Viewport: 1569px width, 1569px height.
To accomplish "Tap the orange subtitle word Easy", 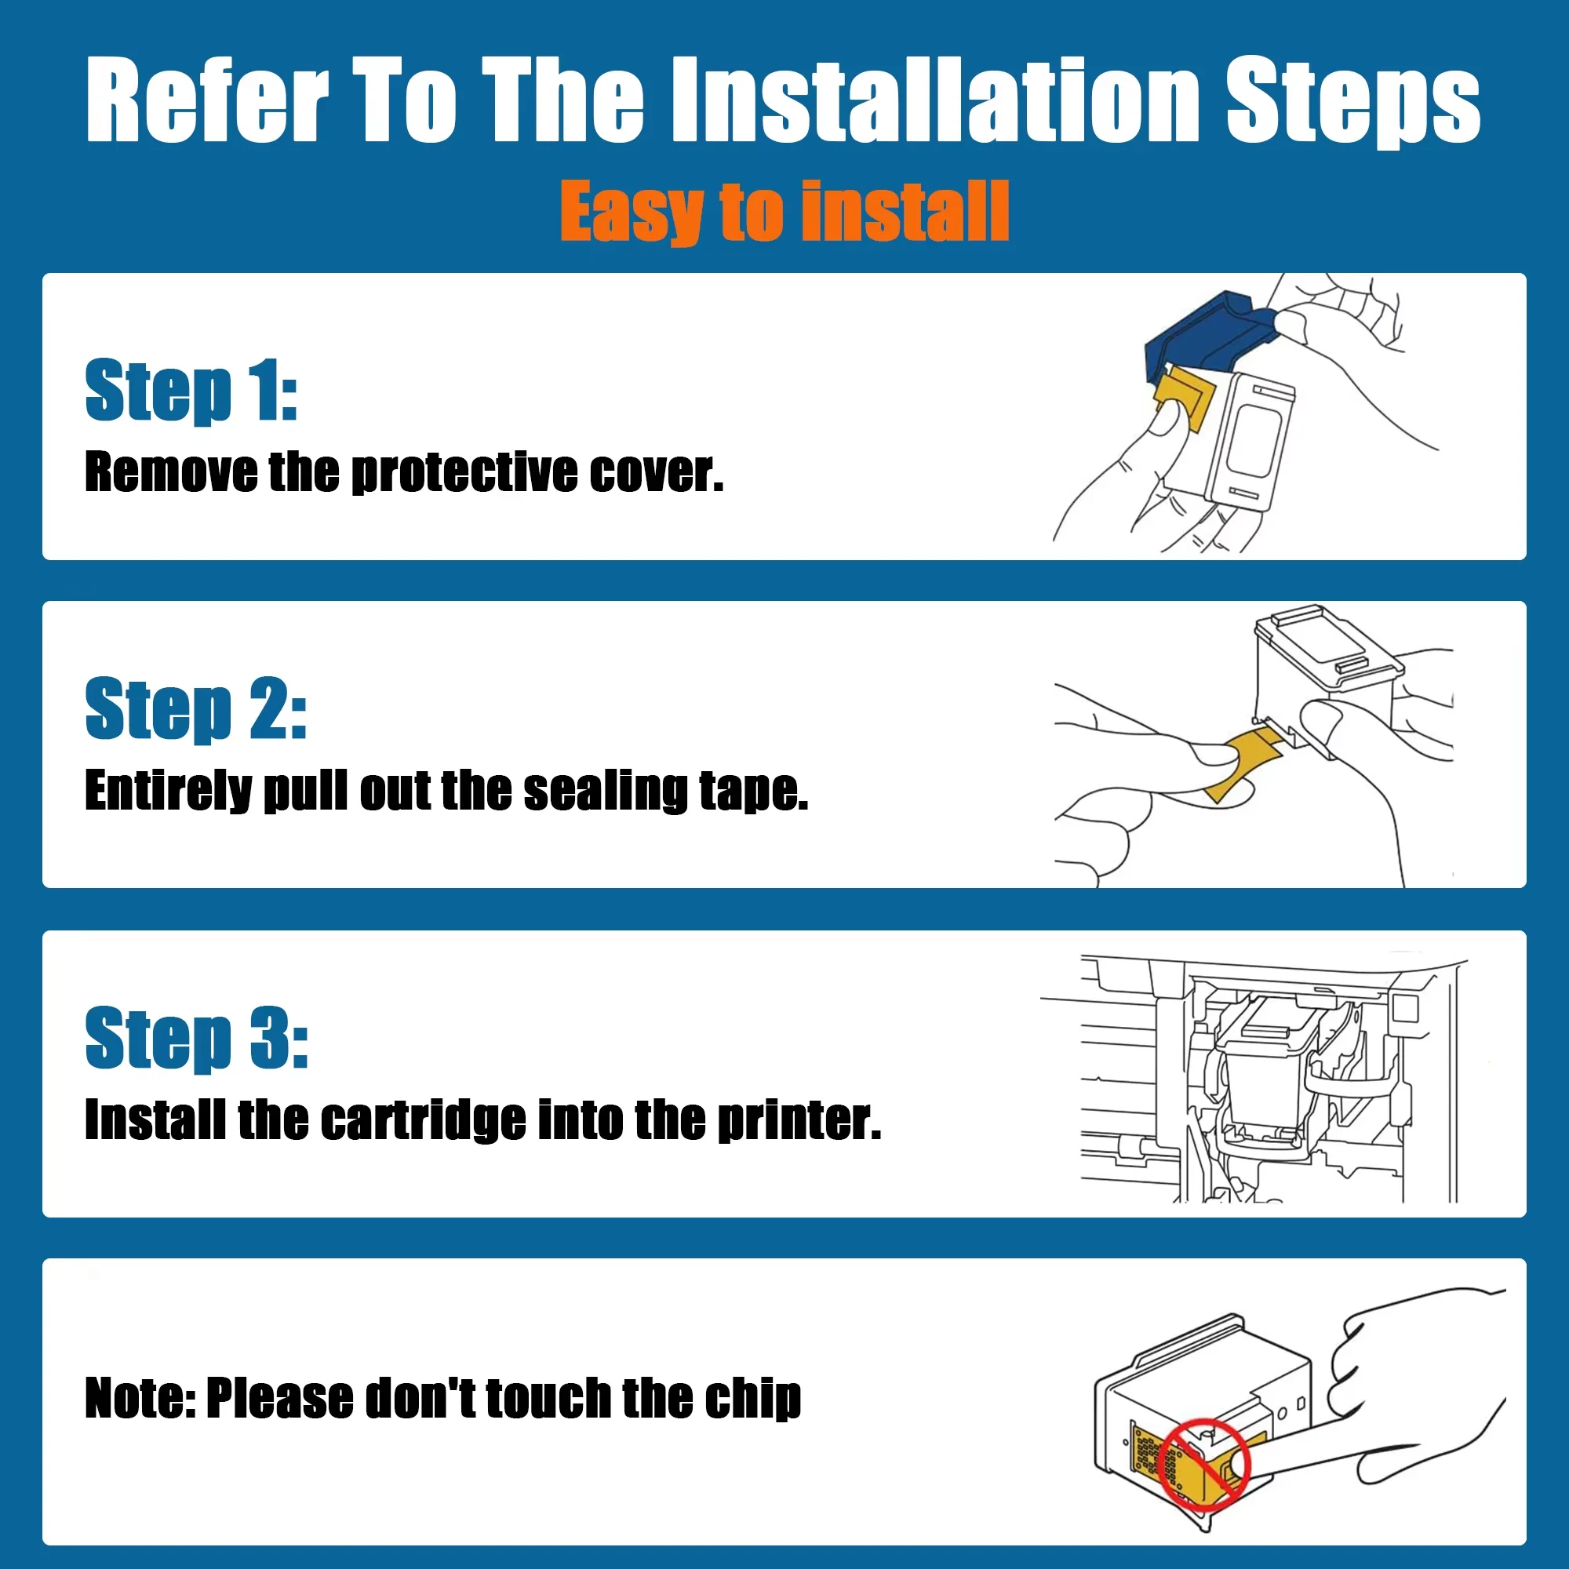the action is (632, 212).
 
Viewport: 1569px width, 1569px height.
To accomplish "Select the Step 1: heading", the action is (191, 391).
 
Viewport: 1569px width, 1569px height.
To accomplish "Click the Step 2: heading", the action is (195, 709).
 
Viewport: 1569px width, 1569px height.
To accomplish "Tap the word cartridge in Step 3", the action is (423, 1120).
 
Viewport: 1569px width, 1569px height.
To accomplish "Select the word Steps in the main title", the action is (1353, 100).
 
